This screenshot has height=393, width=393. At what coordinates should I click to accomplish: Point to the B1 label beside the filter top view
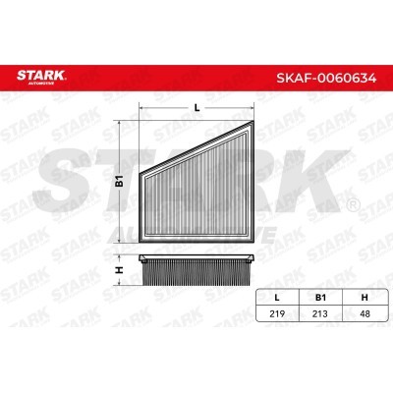click(x=118, y=180)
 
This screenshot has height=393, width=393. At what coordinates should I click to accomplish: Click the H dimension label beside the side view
click(x=118, y=269)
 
